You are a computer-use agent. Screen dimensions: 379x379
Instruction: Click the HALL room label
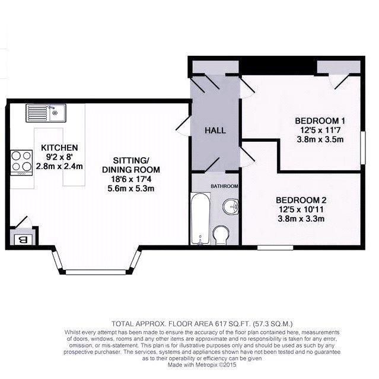click(215, 130)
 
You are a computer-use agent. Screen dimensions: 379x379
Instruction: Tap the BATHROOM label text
click(224, 186)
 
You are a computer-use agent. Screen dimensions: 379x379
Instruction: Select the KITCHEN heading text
click(59, 148)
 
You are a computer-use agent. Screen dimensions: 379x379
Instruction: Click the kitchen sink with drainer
click(46, 113)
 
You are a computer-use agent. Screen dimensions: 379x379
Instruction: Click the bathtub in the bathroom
click(200, 218)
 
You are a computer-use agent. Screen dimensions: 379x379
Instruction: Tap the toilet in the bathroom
click(221, 235)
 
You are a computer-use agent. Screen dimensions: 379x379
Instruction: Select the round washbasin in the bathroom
click(231, 207)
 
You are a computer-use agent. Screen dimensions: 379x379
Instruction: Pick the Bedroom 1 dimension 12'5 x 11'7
click(320, 130)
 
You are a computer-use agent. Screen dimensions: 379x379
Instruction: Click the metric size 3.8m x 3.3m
click(301, 219)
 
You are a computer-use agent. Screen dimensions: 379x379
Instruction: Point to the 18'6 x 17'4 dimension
click(130, 179)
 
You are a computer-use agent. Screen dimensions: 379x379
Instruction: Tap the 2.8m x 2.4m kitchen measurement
click(59, 166)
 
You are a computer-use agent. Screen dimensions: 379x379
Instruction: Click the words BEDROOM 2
click(301, 200)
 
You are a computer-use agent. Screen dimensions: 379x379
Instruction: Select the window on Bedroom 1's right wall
click(363, 148)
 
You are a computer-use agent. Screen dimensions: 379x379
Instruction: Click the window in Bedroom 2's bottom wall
click(275, 247)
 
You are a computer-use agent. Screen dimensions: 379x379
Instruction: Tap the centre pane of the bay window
click(96, 272)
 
